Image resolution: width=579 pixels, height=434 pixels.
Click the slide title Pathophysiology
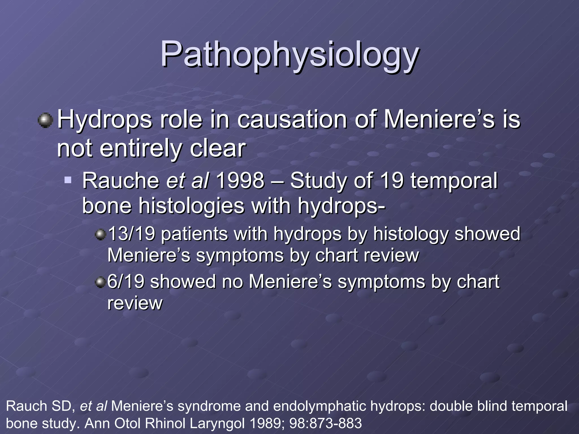[x=289, y=55]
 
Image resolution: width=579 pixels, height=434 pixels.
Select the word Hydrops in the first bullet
[x=105, y=120]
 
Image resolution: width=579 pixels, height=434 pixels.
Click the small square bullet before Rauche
[x=68, y=180]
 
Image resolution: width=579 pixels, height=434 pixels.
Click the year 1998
[x=240, y=181]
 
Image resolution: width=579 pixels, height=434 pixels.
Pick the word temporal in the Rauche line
[x=454, y=181]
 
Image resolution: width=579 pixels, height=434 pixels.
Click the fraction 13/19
[x=131, y=234]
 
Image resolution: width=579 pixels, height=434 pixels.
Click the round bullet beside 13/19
[x=100, y=234]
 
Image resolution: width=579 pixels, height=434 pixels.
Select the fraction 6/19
[x=126, y=282]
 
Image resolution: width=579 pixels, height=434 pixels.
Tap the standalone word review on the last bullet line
[x=135, y=303]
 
